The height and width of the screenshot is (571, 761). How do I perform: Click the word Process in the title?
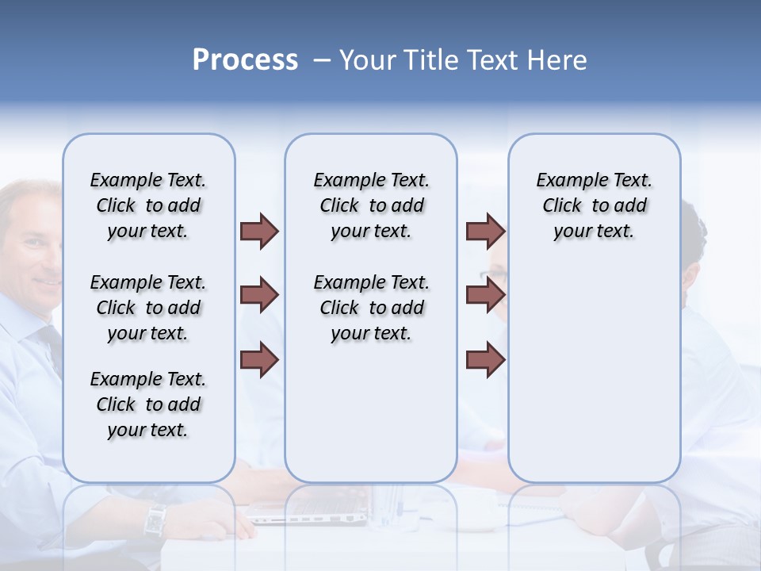coord(245,60)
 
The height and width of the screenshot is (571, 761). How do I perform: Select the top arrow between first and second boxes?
coord(259,232)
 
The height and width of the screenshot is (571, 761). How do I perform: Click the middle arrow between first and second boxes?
coord(259,296)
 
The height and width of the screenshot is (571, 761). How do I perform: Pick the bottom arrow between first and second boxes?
coord(259,359)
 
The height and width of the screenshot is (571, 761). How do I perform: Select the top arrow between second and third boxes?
coord(485,232)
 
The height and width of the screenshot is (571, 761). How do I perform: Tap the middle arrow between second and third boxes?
coord(485,296)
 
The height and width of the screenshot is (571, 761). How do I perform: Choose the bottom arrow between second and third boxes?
coord(485,359)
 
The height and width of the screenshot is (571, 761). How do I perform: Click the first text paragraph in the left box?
coord(148,205)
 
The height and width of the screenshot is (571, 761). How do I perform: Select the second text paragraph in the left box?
coord(148,308)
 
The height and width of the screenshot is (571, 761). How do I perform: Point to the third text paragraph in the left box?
coord(148,404)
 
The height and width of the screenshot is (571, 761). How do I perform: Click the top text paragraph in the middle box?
coord(371,205)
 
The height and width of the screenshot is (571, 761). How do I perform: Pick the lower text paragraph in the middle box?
coord(371,308)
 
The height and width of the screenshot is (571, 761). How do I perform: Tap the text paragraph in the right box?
coord(594,205)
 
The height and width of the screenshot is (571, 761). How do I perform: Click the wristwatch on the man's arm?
coord(155,519)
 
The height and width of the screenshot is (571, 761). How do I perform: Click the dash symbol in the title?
coord(323,61)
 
